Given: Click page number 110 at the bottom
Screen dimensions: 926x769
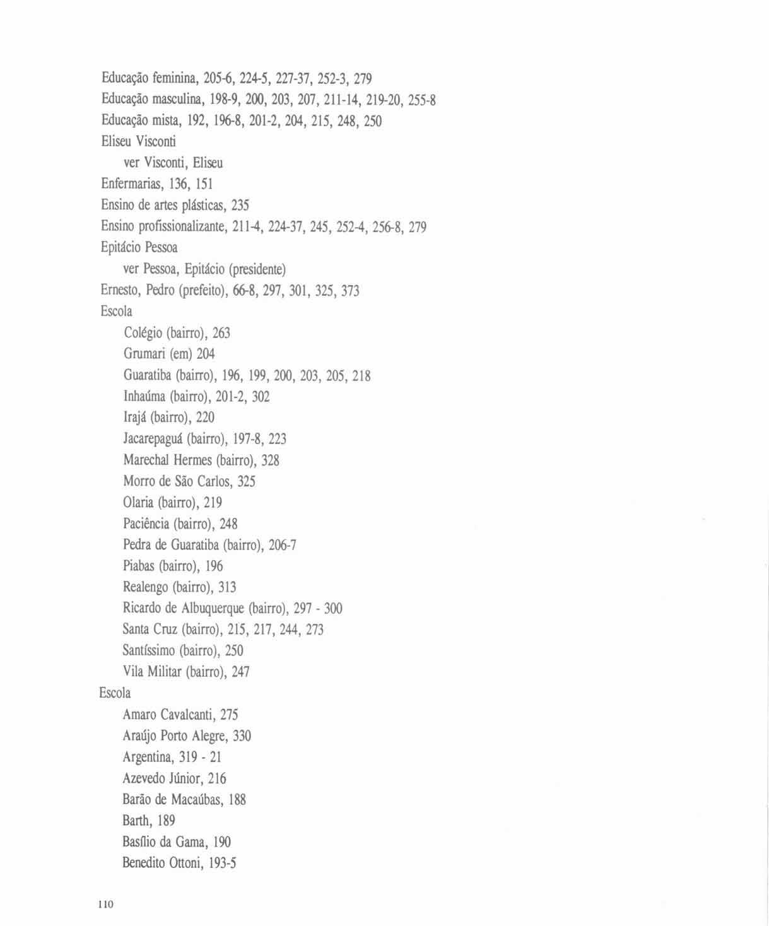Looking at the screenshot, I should (105, 905).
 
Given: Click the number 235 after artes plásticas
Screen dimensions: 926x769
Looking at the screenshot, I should (240, 205).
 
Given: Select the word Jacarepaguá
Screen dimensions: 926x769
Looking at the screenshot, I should (153, 438).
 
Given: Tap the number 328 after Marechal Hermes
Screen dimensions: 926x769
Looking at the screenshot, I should (270, 460).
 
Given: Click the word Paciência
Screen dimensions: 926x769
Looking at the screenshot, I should (146, 524).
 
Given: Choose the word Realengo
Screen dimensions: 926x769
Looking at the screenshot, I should (146, 587).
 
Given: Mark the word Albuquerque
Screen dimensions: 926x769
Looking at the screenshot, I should (213, 608).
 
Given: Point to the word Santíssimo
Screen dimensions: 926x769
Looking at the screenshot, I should (149, 650).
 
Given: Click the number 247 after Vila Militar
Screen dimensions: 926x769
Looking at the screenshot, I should (240, 672).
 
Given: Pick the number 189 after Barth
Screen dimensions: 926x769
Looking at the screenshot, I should (166, 821).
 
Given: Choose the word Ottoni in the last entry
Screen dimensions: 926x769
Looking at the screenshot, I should (185, 863).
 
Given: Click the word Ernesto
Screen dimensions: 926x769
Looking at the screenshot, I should (120, 290).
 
